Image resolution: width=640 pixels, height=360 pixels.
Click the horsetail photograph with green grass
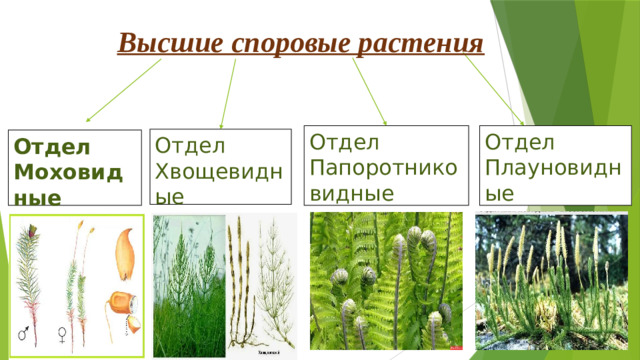pos(189,284)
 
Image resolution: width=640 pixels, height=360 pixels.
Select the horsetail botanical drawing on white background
pos(262,284)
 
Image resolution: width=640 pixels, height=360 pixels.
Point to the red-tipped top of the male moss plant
pos(27,229)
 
